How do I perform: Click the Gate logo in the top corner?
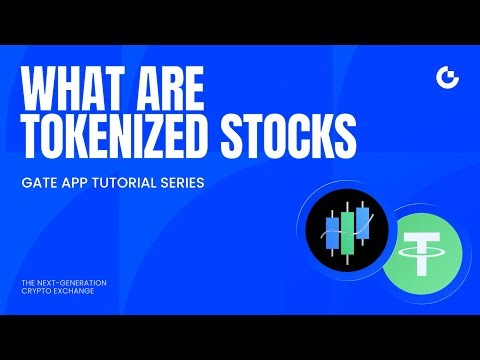pos(446,78)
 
